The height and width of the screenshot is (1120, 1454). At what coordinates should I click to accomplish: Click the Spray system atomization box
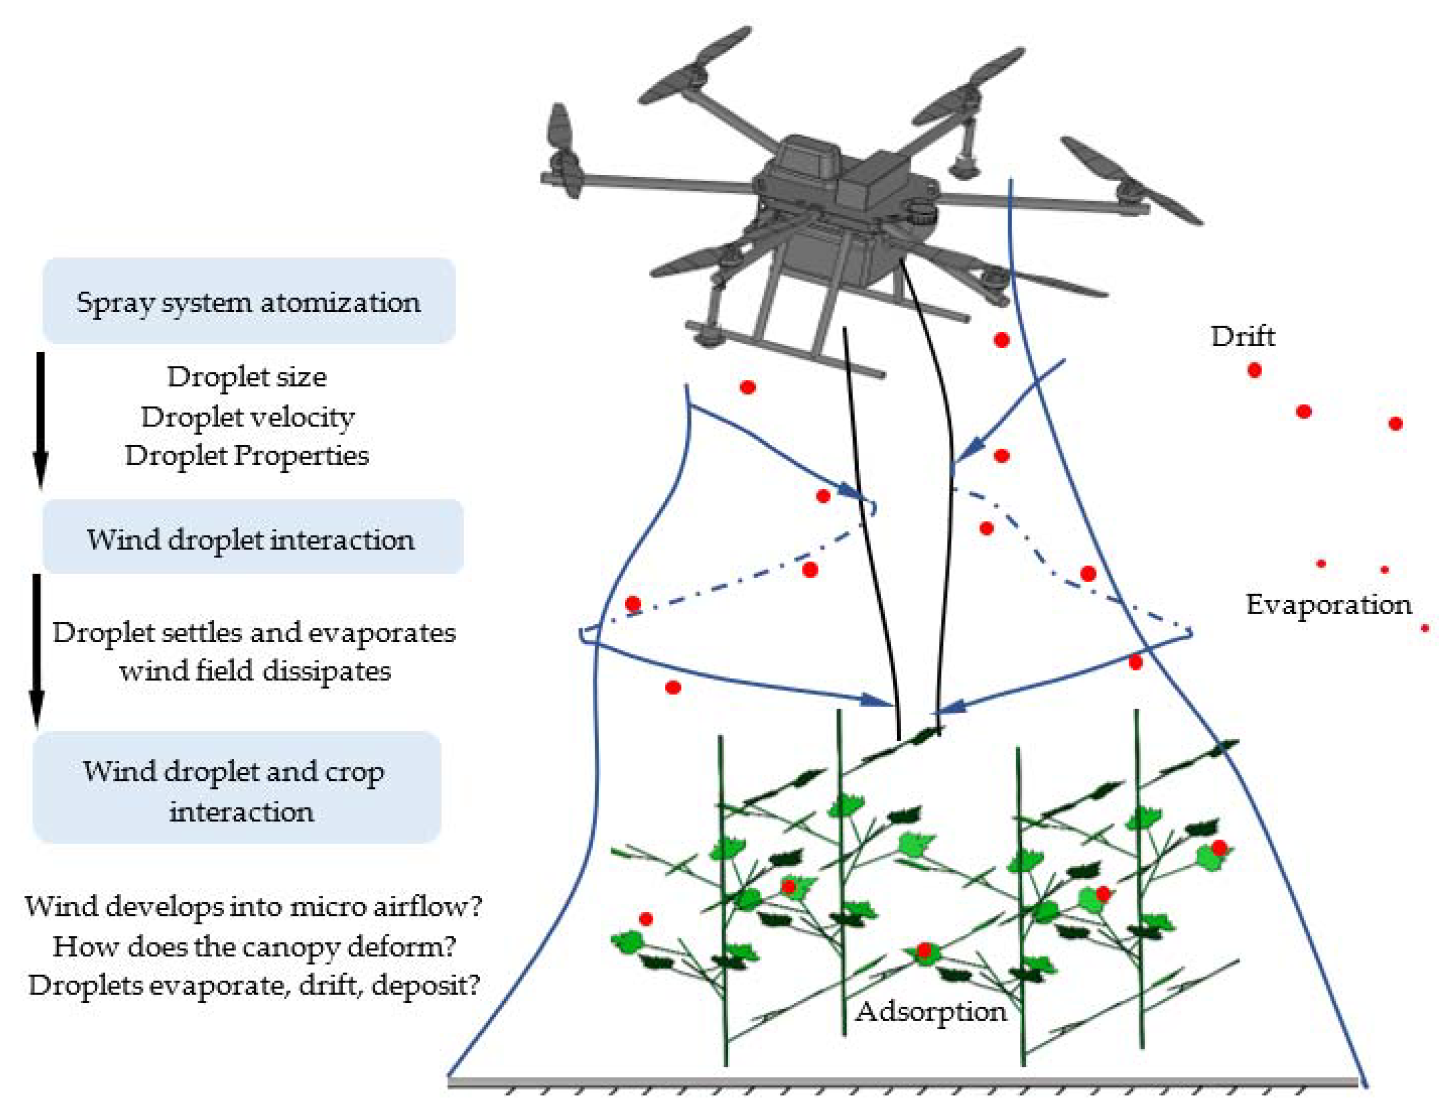(248, 301)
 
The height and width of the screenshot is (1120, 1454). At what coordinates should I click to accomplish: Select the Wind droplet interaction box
(252, 538)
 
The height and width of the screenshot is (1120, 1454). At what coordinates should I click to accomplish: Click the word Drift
(1242, 337)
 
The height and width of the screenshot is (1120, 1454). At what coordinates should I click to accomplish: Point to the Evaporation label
(1328, 605)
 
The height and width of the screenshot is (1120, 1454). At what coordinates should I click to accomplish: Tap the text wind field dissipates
(255, 671)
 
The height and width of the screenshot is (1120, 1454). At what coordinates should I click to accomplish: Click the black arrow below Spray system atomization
(40, 419)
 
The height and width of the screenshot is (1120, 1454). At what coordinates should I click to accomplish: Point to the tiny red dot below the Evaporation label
(1425, 628)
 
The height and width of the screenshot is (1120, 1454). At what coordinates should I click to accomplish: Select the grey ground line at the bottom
(902, 1082)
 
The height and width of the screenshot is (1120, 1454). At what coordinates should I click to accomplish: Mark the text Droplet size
(246, 377)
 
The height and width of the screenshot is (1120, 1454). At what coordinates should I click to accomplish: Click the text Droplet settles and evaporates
(254, 633)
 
